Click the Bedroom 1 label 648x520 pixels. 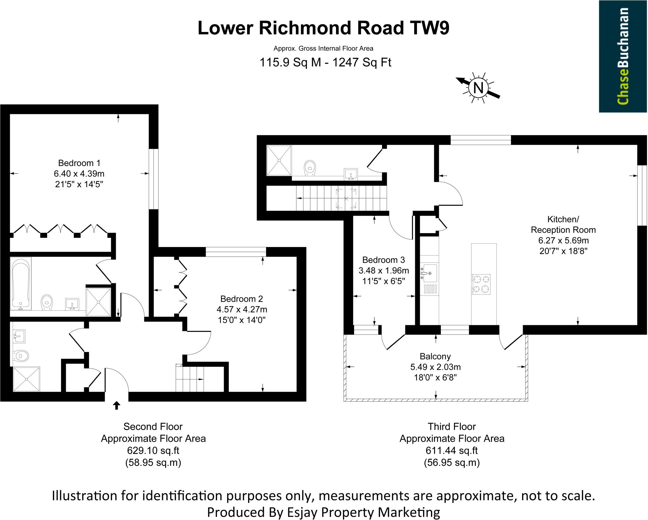tap(79, 163)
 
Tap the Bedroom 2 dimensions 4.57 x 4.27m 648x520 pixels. tap(242, 309)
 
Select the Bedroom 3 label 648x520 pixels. tap(383, 260)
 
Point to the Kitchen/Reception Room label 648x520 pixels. tap(563, 225)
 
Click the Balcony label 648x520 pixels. tap(435, 356)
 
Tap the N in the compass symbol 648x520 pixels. tap(478, 88)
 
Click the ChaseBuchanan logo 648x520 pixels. tap(623, 56)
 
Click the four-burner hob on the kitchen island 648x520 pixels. tap(481, 284)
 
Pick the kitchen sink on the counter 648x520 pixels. tap(429, 273)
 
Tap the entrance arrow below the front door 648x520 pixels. tap(116, 405)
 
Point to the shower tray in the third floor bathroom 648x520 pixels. tap(279, 160)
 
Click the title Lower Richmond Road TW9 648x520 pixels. tap(323, 28)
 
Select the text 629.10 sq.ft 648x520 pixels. tap(153, 450)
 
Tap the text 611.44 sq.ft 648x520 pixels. tap(452, 450)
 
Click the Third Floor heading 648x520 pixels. tap(452, 427)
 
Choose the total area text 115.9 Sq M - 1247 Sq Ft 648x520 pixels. tap(325, 62)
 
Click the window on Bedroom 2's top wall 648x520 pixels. tap(236, 252)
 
